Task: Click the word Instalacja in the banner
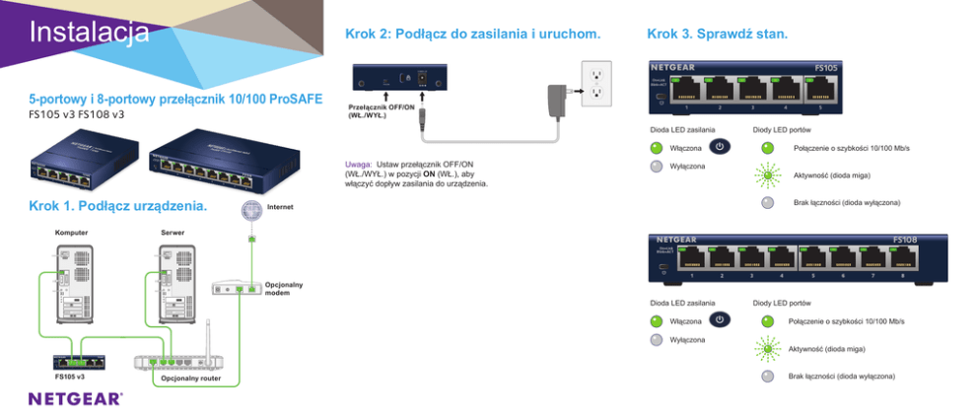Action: pyautogui.click(x=89, y=32)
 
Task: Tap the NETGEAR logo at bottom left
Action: pyautogui.click(x=76, y=399)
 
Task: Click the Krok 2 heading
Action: pyautogui.click(x=473, y=35)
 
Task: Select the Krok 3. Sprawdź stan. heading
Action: pyautogui.click(x=717, y=35)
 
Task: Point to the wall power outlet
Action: pyautogui.click(x=595, y=83)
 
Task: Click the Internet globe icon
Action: pyautogui.click(x=251, y=210)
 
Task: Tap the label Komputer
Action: pyautogui.click(x=71, y=233)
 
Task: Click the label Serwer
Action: pyautogui.click(x=173, y=233)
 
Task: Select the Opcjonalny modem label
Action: pyautogui.click(x=283, y=288)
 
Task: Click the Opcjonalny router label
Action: pyautogui.click(x=191, y=378)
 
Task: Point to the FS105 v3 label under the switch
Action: pyautogui.click(x=69, y=377)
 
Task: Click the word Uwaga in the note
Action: pyautogui.click(x=358, y=164)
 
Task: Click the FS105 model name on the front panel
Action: pyautogui.click(x=825, y=68)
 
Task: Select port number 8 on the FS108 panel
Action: pyautogui.click(x=902, y=276)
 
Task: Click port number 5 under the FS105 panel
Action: pyautogui.click(x=819, y=106)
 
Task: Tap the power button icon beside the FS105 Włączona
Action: pyautogui.click(x=720, y=147)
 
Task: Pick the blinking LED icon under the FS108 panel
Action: pyautogui.click(x=767, y=349)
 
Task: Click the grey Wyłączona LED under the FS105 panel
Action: pyautogui.click(x=657, y=166)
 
